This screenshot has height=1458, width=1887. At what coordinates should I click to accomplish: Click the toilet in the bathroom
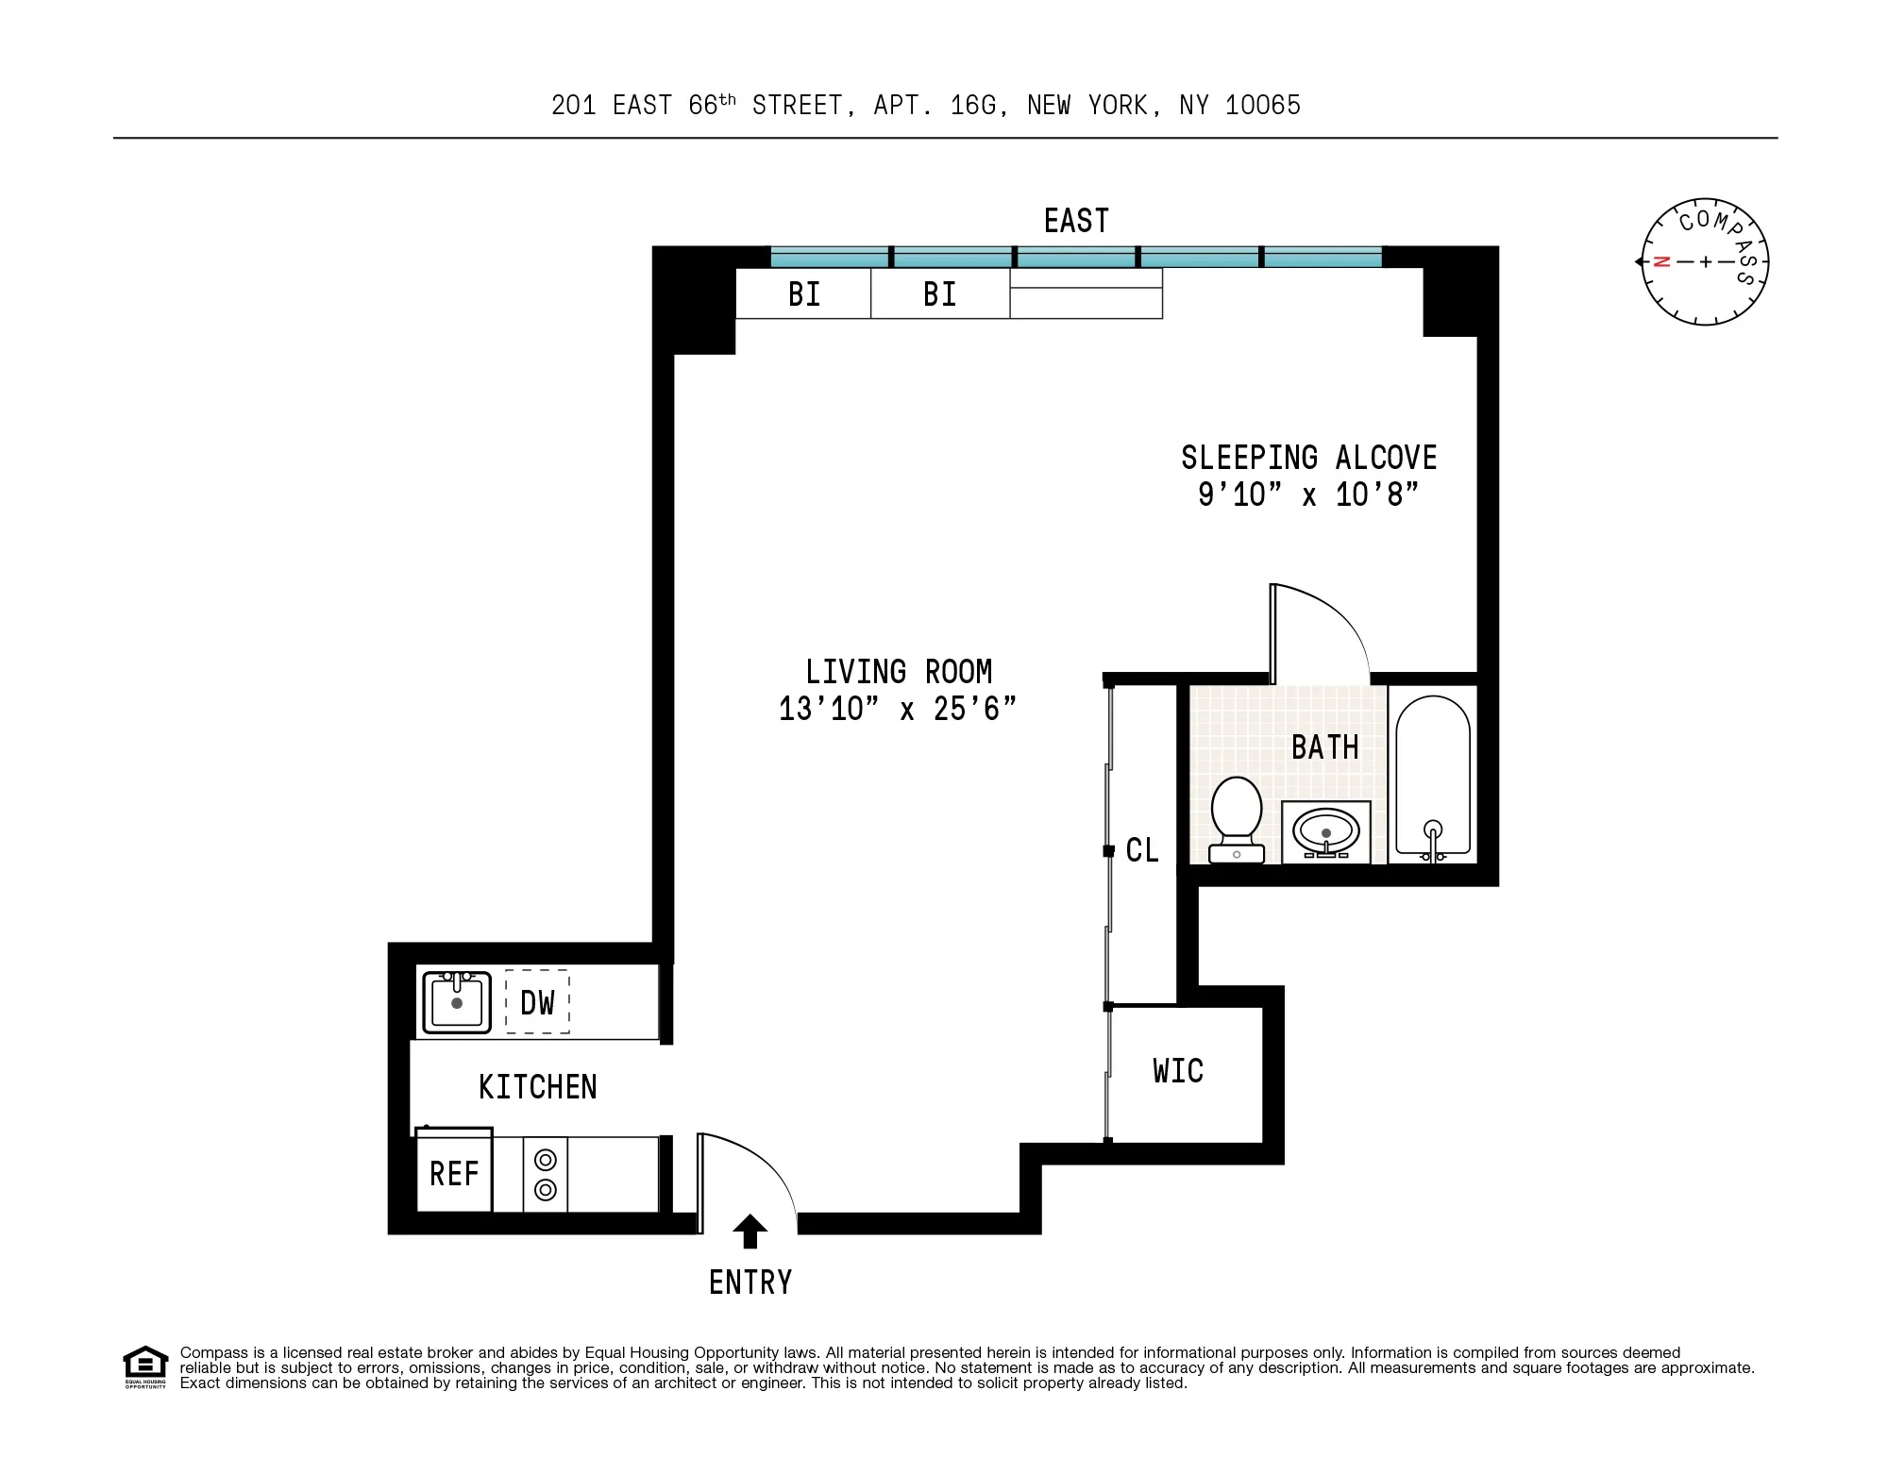pos(1237,817)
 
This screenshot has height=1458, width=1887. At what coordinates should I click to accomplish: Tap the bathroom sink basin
pos(1326,831)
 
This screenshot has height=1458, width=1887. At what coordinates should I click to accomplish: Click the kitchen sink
pos(456,1002)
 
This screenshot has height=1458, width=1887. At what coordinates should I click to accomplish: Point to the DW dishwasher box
pos(537,1002)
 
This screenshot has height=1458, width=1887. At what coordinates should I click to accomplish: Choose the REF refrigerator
pos(454,1174)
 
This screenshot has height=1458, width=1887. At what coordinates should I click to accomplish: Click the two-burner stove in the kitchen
pos(545,1175)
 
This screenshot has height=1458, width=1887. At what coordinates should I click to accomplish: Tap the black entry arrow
pos(750,1231)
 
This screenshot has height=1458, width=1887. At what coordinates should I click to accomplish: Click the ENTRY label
pos(750,1282)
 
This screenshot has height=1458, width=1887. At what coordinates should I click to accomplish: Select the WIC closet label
pos(1178,1071)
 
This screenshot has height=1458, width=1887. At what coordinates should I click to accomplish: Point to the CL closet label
pos(1142,850)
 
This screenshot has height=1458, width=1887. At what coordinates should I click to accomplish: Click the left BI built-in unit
pos(803,294)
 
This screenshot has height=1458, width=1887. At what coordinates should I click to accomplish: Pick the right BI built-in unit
pos(939,294)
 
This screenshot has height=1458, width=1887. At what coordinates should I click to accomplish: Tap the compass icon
pos(1705,262)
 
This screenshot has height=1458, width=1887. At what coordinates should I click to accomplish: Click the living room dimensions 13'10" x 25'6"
pos(898,709)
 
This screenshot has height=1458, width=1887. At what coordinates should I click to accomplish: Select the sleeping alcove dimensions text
pos(1308,494)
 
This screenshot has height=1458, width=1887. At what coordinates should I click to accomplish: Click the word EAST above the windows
pos(1076,221)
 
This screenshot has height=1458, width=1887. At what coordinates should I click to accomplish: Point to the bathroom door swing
pos(1322,628)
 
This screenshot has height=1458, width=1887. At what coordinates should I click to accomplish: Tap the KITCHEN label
pos(537,1087)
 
